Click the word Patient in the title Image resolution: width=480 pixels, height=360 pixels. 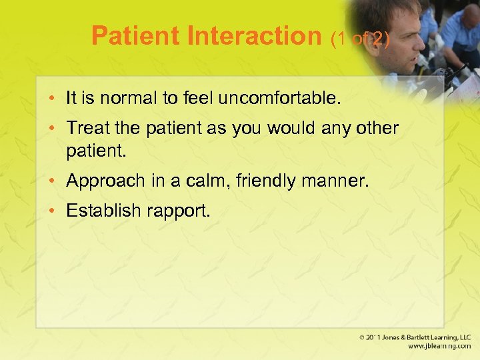pos(137,36)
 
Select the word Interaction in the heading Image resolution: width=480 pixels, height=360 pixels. pos(256,36)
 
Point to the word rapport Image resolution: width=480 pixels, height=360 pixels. pos(179,212)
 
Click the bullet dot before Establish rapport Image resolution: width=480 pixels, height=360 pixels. pos(56,211)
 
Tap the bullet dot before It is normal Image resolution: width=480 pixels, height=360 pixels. pos(56,99)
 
